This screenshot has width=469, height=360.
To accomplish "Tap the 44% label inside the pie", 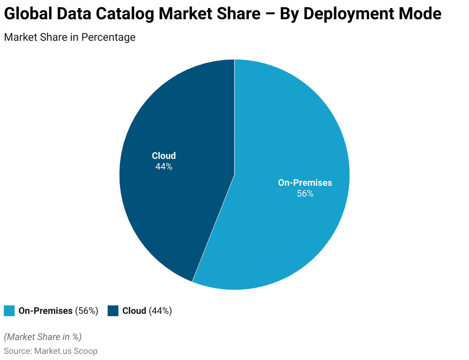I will click(x=164, y=167).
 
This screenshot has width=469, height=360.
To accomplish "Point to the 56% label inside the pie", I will click(x=305, y=193).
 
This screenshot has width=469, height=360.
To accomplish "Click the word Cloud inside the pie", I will click(x=164, y=156).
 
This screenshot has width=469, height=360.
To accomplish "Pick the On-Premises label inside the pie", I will click(x=305, y=183).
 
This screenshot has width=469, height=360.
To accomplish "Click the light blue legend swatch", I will click(x=9, y=311).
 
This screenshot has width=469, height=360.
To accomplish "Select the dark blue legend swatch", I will click(x=113, y=311).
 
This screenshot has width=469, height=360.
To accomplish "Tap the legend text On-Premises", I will click(x=45, y=311).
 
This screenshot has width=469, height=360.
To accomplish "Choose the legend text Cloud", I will click(x=134, y=311).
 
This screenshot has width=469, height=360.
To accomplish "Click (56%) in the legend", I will click(x=86, y=311).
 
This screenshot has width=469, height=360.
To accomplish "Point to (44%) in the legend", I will click(x=160, y=311).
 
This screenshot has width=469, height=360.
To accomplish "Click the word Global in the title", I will click(x=28, y=14).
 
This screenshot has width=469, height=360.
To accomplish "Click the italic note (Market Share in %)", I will click(x=43, y=337).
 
